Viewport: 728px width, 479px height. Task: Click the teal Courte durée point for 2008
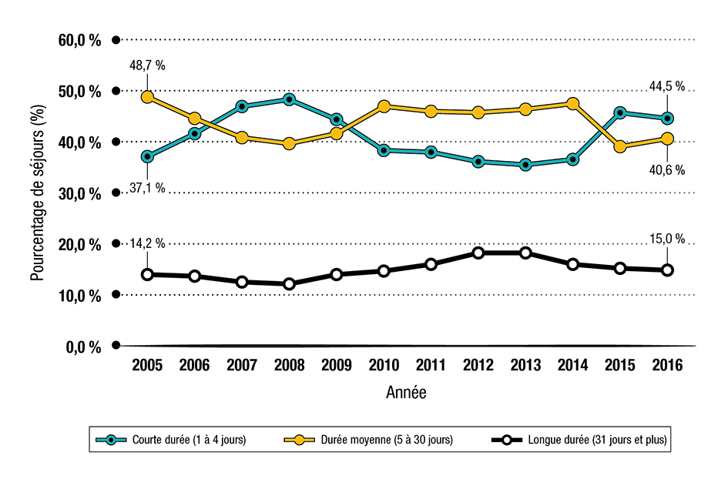tap(289, 99)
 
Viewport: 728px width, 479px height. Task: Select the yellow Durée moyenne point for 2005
tap(147, 97)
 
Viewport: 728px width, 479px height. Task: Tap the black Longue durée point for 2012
tap(478, 253)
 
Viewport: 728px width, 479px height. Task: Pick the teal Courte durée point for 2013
tap(525, 165)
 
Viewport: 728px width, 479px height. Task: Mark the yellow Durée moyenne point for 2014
tap(572, 103)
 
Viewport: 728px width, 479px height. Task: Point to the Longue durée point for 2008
tap(289, 283)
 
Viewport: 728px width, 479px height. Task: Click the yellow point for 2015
tap(620, 146)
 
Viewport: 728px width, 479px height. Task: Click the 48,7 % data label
tap(147, 66)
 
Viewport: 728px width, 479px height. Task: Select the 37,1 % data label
tap(147, 189)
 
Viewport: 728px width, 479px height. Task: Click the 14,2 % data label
tap(147, 243)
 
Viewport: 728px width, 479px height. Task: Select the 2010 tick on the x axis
tap(384, 367)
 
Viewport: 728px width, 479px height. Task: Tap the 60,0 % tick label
tap(79, 41)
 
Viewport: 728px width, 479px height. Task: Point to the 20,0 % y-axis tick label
tap(79, 245)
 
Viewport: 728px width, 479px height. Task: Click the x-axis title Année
tap(406, 393)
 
